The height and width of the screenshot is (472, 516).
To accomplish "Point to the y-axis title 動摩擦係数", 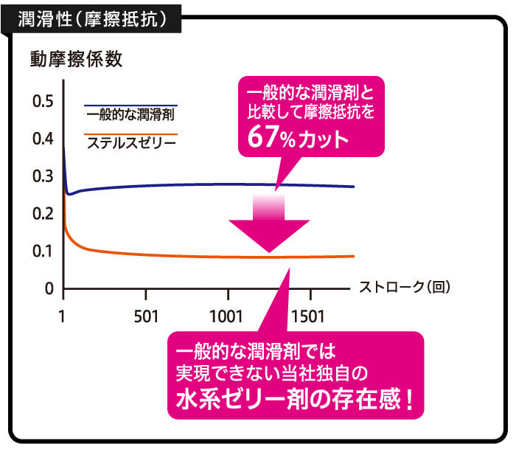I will click(x=76, y=59).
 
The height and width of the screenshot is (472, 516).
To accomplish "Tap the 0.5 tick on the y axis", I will click(x=43, y=101).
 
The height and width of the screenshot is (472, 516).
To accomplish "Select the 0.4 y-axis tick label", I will click(x=43, y=139).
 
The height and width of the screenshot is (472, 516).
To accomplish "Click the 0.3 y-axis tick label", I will click(x=43, y=176).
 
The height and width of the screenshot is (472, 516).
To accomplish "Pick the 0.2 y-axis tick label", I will click(x=43, y=214).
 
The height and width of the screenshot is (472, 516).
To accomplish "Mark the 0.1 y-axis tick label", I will click(x=43, y=251).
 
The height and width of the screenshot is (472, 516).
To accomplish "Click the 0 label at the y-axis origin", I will click(x=49, y=289).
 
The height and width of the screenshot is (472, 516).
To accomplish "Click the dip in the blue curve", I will click(x=69, y=194).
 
